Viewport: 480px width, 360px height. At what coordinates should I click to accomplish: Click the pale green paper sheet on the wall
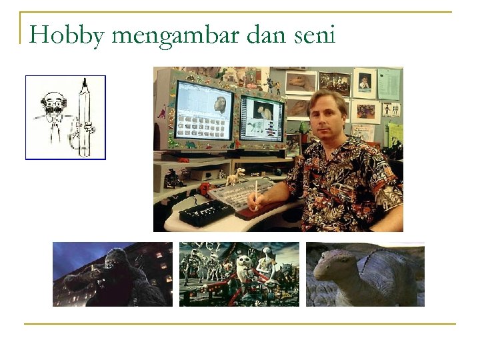395,133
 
